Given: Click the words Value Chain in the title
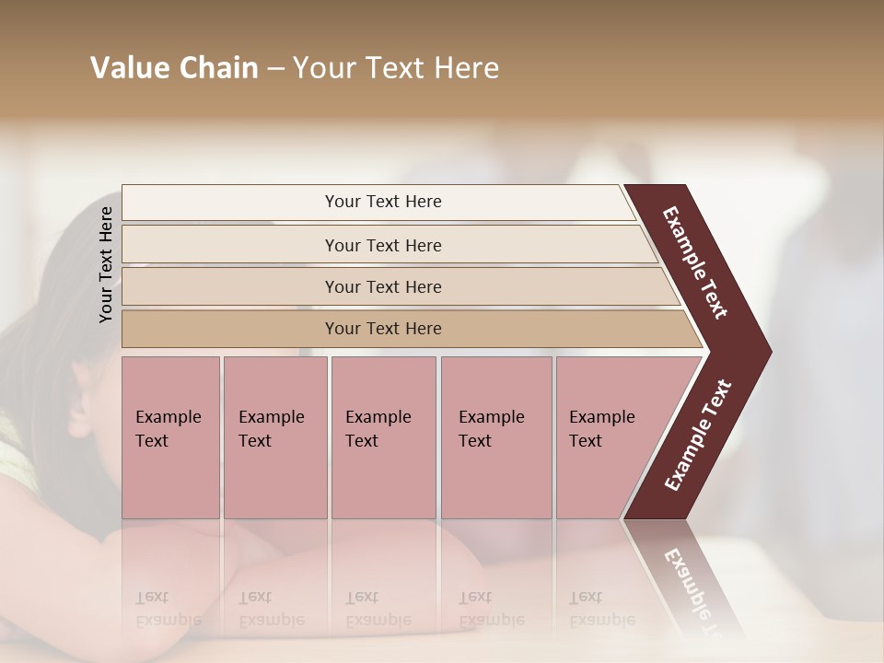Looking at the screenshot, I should (174, 68).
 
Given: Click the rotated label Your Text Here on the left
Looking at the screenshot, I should (107, 264).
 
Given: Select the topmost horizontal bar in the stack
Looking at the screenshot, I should (230, 203).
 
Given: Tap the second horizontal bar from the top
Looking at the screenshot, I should (230, 245).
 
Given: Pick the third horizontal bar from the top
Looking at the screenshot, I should (230, 286).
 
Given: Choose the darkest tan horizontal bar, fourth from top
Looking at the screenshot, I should (230, 329).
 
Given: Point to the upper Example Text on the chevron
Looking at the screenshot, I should (695, 262).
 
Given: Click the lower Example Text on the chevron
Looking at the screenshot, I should (697, 436).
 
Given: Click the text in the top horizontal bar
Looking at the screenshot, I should (383, 202).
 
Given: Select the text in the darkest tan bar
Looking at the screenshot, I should (383, 329).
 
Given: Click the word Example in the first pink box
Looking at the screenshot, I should (168, 417).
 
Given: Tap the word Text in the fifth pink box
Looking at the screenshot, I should (586, 441).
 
